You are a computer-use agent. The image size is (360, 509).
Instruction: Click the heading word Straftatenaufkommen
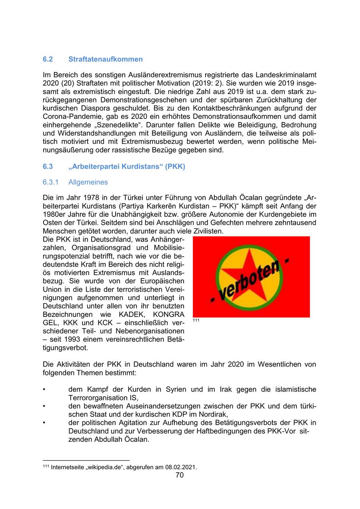(105, 59)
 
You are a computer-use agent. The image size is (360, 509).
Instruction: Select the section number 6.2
(48, 59)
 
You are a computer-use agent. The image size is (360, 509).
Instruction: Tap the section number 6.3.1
(51, 182)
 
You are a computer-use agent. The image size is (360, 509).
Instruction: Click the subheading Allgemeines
(88, 182)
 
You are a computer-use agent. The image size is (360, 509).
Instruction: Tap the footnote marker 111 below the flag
(196, 321)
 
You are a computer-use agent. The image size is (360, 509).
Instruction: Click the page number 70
(180, 475)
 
